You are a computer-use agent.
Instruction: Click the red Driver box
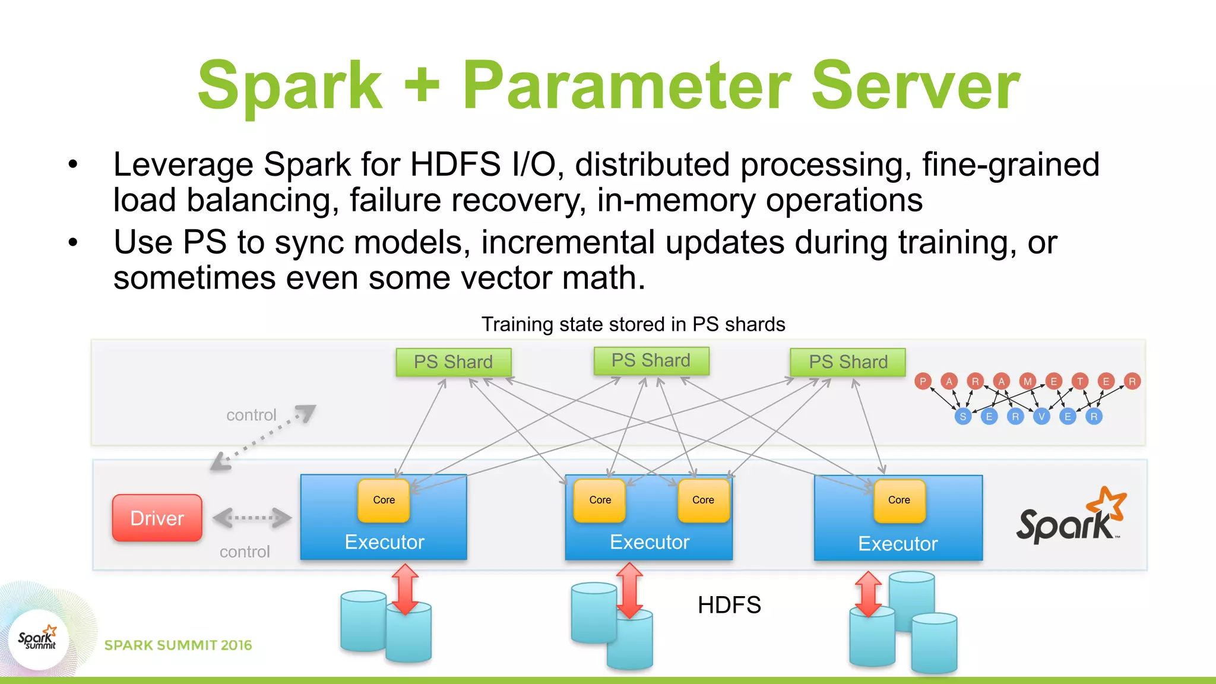pos(157,518)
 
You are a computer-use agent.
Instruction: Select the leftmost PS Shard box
pos(454,362)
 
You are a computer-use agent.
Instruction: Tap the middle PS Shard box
pos(651,360)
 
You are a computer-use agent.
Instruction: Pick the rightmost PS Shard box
pos(848,362)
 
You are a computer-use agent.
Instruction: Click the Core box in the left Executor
pos(384,500)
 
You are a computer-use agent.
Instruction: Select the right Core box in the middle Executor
pos(703,500)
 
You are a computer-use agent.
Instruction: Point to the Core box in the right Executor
pos(899,500)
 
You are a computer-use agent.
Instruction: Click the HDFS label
pos(729,605)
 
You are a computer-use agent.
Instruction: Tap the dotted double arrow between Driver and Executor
pos(252,518)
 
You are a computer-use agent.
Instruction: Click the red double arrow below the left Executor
pos(406,589)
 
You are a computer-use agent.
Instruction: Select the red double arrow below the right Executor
pos(868,594)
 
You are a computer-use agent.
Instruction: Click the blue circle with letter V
pos(1041,416)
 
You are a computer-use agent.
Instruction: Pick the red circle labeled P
pos(923,381)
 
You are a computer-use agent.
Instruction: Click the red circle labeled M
pos(1028,381)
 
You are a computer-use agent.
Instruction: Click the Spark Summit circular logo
pos(39,639)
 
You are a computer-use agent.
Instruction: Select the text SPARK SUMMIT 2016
pos(178,645)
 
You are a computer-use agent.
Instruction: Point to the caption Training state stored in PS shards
pos(633,324)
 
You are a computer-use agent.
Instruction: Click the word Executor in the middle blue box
pos(650,542)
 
